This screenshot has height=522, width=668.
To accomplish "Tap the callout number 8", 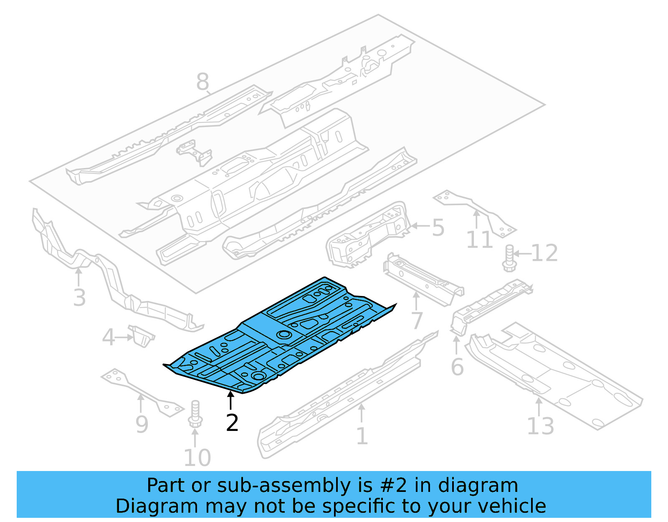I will [x=202, y=82].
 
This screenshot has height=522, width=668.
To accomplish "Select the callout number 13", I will [x=540, y=426].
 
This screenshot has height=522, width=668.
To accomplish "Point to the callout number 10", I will [x=197, y=458].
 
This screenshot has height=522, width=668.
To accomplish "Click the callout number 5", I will [x=438, y=228].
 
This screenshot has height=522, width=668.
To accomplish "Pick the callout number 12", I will [x=544, y=253].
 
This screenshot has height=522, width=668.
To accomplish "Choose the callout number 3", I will [x=79, y=298].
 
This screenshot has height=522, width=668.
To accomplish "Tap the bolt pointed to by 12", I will [x=509, y=258].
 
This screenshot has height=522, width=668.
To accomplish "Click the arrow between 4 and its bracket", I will [x=124, y=337].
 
